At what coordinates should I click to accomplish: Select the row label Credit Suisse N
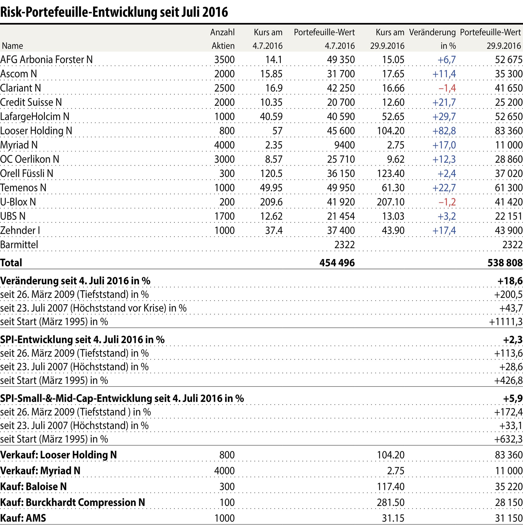31,102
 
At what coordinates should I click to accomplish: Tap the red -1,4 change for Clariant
447,88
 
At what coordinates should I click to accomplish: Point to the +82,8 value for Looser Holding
444,131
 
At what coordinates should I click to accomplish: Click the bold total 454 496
337,263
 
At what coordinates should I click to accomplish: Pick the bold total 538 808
505,263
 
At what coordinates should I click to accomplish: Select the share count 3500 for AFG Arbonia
224,60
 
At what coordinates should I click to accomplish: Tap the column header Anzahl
222,32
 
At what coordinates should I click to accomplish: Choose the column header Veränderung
432,32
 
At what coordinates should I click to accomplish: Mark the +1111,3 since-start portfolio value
506,321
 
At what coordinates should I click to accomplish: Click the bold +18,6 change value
510,281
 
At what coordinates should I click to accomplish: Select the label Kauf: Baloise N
33,487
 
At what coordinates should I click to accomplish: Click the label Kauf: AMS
23,518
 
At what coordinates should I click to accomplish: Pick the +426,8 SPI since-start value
508,380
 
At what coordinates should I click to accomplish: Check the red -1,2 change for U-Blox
447,202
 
